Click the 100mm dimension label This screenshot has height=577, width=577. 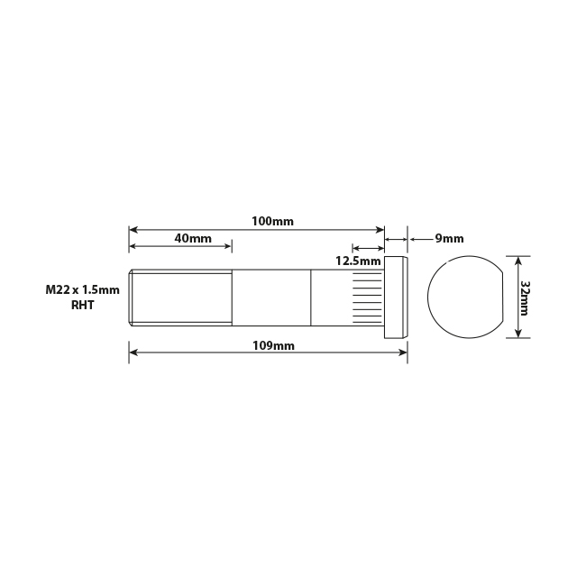click(273, 221)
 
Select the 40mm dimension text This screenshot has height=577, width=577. click(192, 239)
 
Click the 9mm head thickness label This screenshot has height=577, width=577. click(449, 239)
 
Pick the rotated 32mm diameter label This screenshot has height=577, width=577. click(526, 297)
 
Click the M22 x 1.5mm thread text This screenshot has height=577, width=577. click(82, 290)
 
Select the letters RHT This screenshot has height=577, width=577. click(82, 306)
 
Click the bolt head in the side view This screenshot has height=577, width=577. click(398, 297)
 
